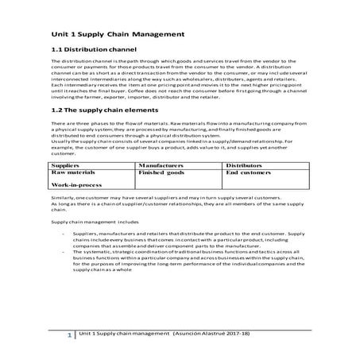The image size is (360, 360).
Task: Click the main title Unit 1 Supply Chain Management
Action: tap(118, 35)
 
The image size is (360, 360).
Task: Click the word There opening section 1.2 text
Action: tap(57, 125)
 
